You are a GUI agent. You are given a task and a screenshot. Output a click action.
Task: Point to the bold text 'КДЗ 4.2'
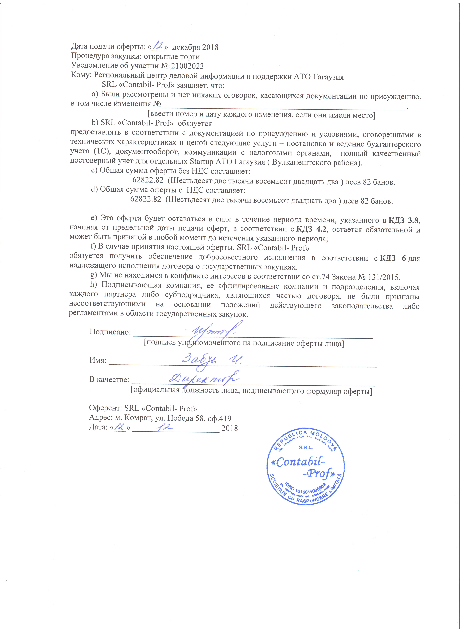click(x=311, y=229)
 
